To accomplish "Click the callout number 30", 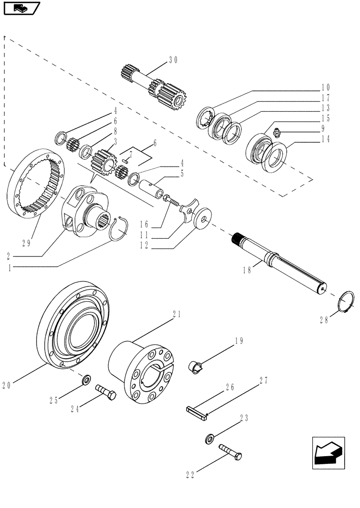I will click(x=173, y=60).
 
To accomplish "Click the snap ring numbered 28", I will click(x=346, y=303).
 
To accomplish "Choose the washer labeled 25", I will click(x=85, y=379).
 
